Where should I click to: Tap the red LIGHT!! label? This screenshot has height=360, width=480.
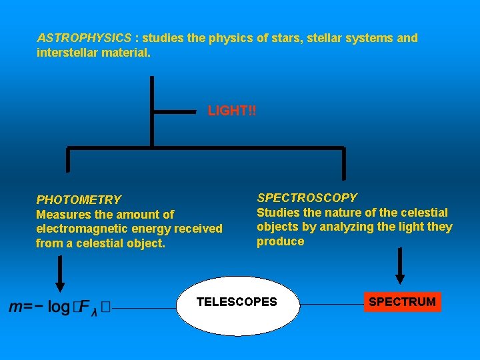[x=232, y=111]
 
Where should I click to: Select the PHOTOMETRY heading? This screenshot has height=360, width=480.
[x=79, y=199]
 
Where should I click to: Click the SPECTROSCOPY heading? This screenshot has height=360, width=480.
[x=307, y=197]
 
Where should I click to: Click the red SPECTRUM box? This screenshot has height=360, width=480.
[x=402, y=302]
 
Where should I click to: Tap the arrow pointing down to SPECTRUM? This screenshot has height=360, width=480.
[x=400, y=267]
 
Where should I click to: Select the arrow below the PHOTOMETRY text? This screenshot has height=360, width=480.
[x=60, y=273]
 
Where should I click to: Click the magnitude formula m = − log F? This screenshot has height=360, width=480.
[x=60, y=307]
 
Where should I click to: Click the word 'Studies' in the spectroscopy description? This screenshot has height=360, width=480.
[x=278, y=212]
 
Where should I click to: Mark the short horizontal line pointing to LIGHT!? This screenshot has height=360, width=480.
[x=175, y=112]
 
